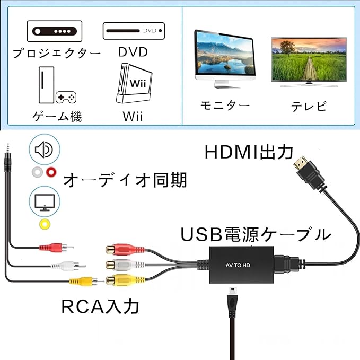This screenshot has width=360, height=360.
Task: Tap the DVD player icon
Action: click(134, 30)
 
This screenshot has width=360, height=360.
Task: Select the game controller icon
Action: click(66, 98)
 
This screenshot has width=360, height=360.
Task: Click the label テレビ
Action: click(308, 106)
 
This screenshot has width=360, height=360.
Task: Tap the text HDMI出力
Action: click(249, 152)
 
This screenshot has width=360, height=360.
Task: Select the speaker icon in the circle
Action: click(44, 150)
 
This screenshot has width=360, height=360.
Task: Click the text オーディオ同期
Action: click(125, 180)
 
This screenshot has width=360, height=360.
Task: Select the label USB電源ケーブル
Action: click(256, 234)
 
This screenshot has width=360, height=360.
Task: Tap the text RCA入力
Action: click(100, 306)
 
